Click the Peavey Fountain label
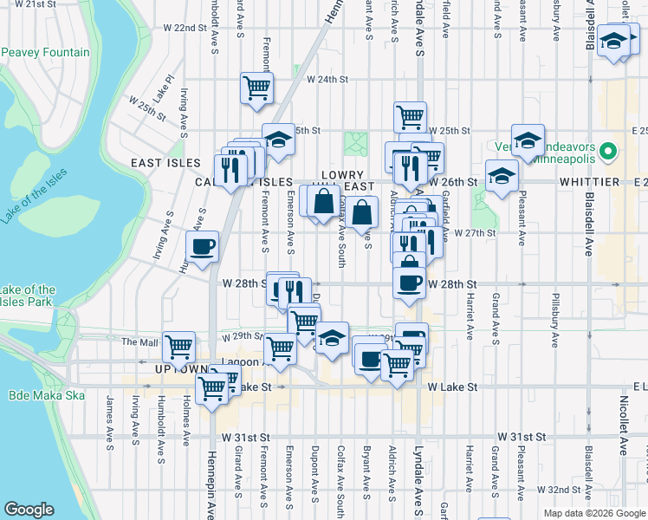45,53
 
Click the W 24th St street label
327,80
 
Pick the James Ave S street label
110,424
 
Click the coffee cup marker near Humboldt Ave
202,246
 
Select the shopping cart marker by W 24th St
256,88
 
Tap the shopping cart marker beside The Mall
178,346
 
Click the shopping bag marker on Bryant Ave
365,211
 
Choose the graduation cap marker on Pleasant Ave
527,140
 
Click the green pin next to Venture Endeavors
609,152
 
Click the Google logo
29,510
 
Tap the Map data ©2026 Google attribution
593,513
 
